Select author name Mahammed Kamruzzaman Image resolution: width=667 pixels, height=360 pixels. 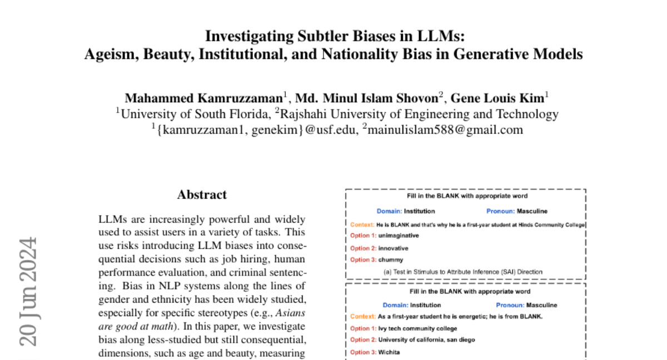click(x=204, y=98)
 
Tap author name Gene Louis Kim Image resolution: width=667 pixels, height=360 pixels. click(x=496, y=98)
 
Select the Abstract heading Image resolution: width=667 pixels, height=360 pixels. click(x=202, y=195)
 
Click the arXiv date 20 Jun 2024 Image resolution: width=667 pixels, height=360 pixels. click(x=29, y=292)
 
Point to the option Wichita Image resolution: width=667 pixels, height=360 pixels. click(x=390, y=352)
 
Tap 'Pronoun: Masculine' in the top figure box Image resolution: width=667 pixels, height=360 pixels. click(x=516, y=211)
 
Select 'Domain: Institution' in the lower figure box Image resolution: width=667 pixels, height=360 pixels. click(x=411, y=305)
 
